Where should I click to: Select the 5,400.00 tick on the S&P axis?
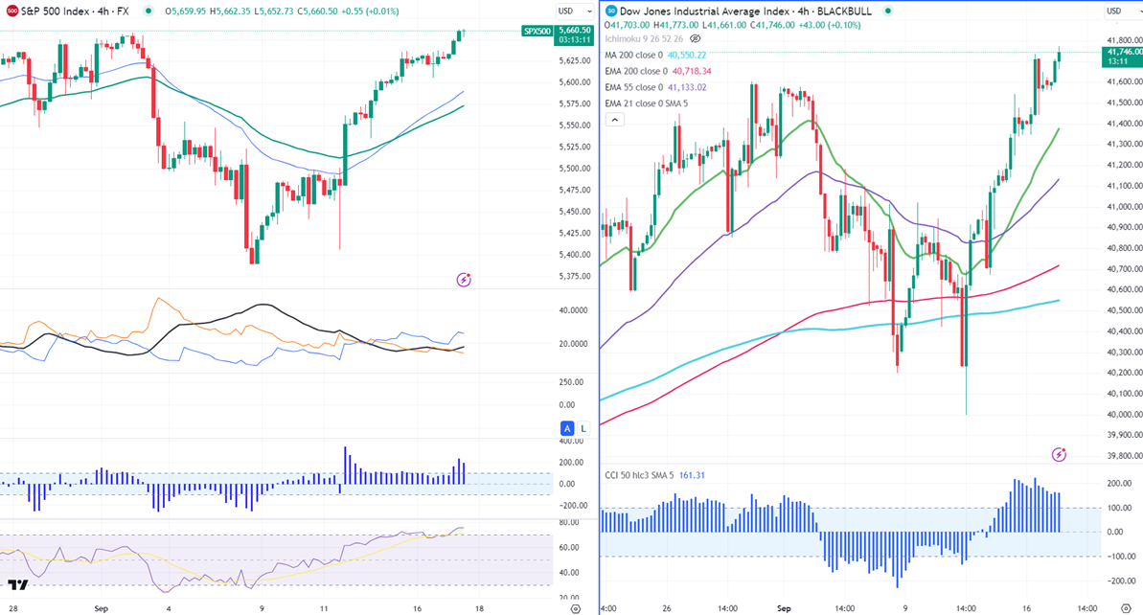coord(575,255)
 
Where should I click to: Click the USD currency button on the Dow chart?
coord(1114,11)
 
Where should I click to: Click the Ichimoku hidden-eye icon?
coord(696,38)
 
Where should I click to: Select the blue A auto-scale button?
coord(567,428)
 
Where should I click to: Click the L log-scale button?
coord(583,428)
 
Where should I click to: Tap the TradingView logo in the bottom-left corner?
coord(17,586)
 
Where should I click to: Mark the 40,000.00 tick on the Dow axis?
coord(1122,415)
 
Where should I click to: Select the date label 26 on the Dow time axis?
coord(667,608)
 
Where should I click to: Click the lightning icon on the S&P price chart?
coord(464,280)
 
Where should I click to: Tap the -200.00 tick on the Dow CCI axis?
coord(1119,581)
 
